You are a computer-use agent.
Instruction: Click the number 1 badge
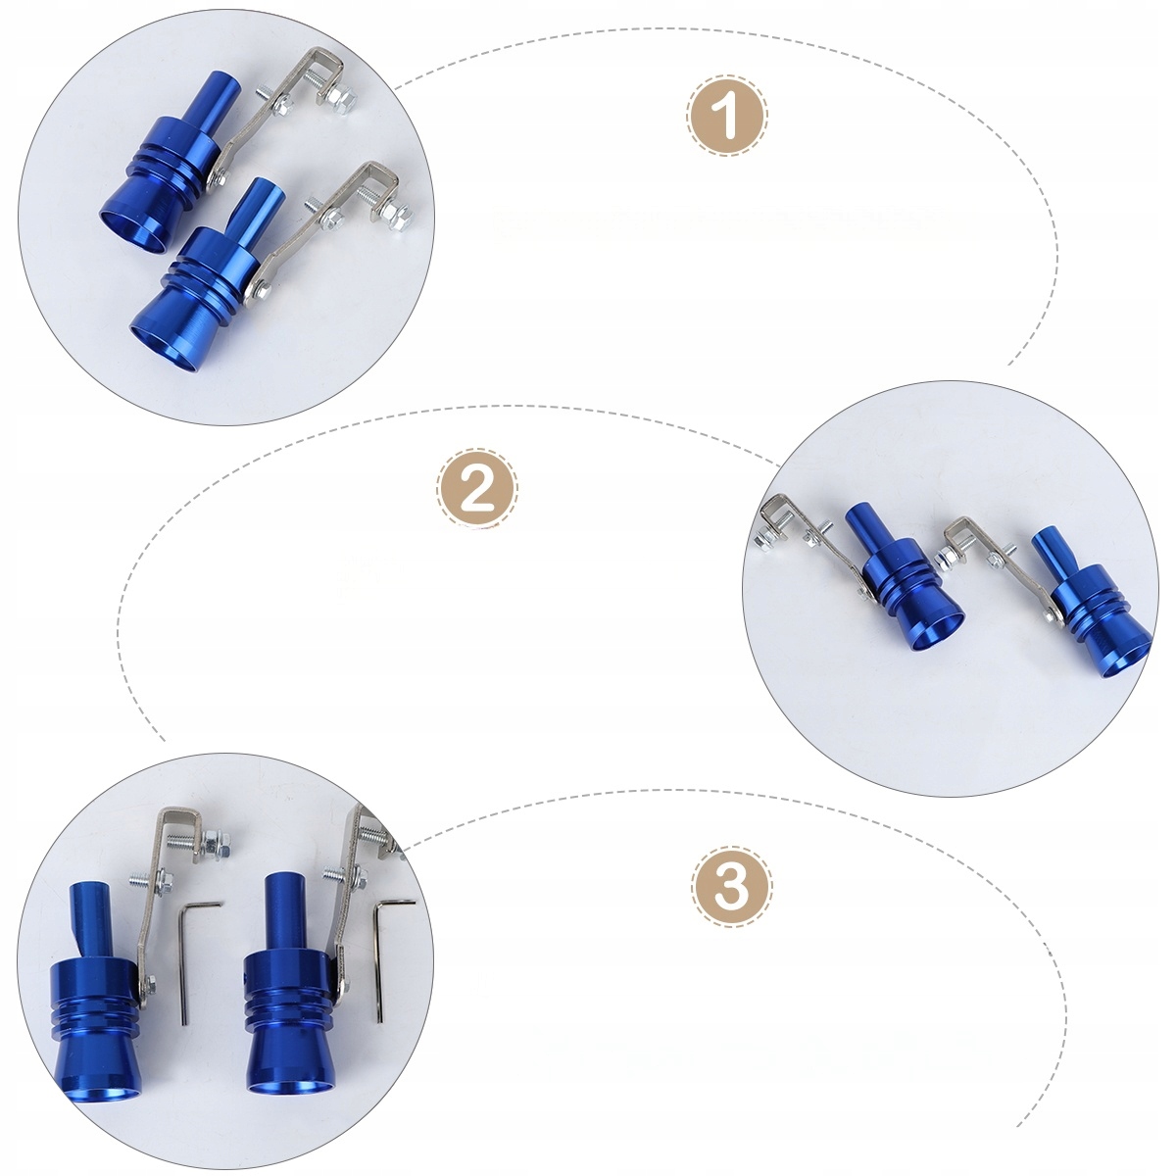tap(727, 115)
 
